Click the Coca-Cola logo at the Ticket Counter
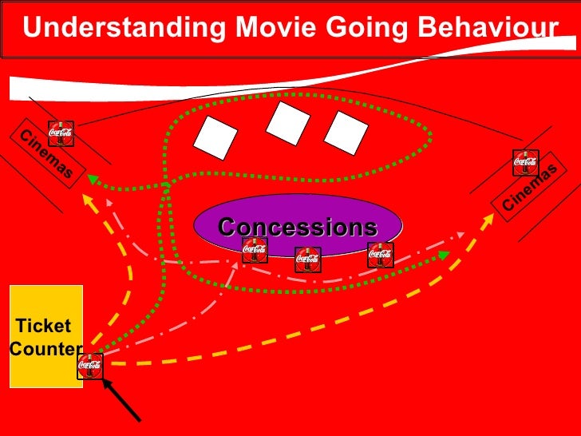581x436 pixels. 90,366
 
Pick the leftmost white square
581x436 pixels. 215,137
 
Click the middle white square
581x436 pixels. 288,122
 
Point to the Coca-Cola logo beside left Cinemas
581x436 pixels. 61,133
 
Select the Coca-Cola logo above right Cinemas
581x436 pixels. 525,162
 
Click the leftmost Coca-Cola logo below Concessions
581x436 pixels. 255,249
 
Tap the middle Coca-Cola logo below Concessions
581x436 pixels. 308,259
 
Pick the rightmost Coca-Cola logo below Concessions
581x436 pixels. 380,255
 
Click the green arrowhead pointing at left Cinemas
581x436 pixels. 93,179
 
